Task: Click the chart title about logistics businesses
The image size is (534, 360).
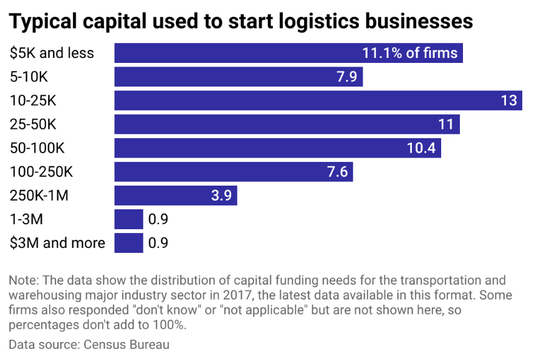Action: tap(241, 21)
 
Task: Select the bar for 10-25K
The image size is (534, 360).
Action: tap(318, 100)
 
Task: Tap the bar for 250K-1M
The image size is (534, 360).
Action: tap(176, 196)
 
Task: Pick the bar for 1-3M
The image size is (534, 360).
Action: tap(129, 219)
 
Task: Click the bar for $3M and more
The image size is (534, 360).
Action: tap(129, 243)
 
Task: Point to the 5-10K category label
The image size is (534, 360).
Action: tap(29, 77)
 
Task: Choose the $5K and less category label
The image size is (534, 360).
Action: tap(52, 53)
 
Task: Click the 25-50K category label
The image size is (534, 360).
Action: tap(33, 124)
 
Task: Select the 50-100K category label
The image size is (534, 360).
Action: tap(37, 148)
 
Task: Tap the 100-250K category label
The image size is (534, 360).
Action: tap(41, 172)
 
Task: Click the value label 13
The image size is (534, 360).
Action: tap(508, 100)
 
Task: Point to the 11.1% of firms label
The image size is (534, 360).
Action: tap(409, 53)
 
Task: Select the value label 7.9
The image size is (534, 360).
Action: tap(346, 77)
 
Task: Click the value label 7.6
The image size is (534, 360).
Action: tap(337, 172)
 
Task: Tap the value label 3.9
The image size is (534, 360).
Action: tap(221, 196)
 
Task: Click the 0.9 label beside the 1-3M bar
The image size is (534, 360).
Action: tap(158, 219)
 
